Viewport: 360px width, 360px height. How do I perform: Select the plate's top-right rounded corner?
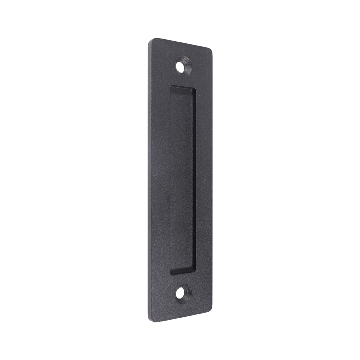click(x=209, y=50)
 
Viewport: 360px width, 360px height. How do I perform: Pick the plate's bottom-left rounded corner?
click(x=151, y=318)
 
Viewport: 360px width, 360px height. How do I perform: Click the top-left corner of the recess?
click(x=171, y=86)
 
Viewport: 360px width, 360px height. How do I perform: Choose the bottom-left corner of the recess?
click(x=171, y=273)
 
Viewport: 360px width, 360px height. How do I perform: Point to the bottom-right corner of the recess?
click(x=195, y=269)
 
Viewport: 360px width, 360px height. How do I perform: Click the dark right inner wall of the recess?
click(x=194, y=180)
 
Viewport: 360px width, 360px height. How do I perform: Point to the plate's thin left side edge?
click(x=149, y=180)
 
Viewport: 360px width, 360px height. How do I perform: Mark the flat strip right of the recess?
click(x=204, y=180)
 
